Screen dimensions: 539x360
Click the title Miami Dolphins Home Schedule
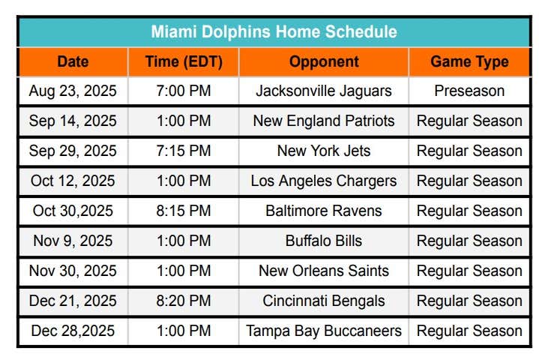tap(274, 31)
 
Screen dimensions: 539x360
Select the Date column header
tap(73, 62)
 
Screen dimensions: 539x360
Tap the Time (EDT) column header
tap(184, 62)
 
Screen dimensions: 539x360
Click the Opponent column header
tap(324, 62)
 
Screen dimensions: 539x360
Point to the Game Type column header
tap(469, 62)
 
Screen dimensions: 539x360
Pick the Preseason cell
tap(469, 91)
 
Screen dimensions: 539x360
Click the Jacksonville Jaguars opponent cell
tap(324, 91)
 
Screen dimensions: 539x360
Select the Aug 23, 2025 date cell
tap(73, 91)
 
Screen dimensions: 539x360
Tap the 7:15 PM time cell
tap(184, 151)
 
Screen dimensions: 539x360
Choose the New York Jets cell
tap(324, 151)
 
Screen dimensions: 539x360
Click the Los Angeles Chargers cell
tap(324, 181)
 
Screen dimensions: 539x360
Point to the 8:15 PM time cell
tap(184, 211)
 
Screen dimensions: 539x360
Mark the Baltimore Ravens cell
tap(324, 211)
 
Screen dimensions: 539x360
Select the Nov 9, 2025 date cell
tap(73, 241)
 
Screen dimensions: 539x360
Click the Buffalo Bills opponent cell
tap(324, 241)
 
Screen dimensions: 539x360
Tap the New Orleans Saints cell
tap(324, 271)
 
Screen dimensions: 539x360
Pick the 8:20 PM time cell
tap(184, 301)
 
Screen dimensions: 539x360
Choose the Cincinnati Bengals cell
tap(324, 301)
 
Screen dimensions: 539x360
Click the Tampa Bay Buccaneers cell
tap(324, 331)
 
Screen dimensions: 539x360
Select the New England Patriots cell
tap(324, 121)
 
